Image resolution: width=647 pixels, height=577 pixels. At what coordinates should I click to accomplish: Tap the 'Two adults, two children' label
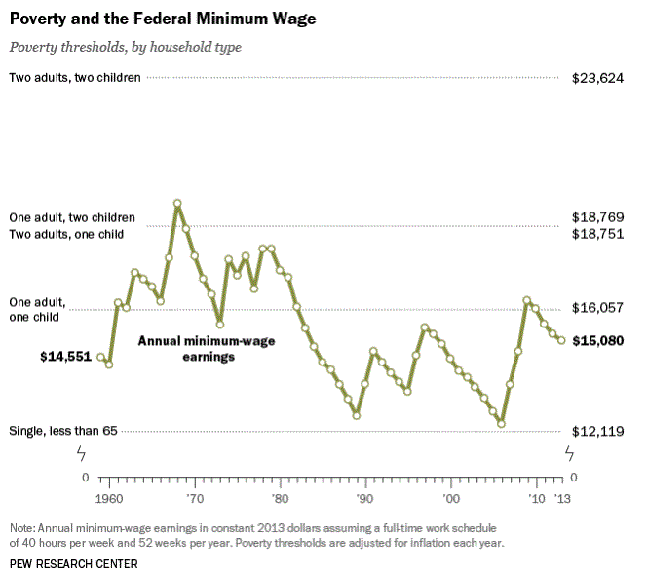[x=75, y=77]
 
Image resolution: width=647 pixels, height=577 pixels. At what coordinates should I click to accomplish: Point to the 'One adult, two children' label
[x=72, y=217]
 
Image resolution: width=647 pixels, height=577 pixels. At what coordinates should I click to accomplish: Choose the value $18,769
[x=597, y=217]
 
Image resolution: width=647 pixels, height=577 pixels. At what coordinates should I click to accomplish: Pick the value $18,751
[x=597, y=234]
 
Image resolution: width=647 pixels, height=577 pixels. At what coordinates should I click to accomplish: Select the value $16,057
[x=597, y=307]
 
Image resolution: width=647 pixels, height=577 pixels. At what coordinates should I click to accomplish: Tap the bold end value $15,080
[x=597, y=340]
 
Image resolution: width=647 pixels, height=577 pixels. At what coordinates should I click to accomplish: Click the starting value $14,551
[x=65, y=357]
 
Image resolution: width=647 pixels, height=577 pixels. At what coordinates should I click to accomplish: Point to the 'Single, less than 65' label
[x=63, y=431]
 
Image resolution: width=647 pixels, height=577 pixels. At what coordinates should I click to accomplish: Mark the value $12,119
[x=597, y=431]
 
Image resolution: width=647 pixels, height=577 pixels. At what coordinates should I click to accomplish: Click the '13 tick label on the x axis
[x=562, y=498]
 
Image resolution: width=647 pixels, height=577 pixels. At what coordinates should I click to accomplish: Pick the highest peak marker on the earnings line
[x=177, y=203]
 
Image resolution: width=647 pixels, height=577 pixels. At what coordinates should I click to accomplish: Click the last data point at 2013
[x=561, y=340]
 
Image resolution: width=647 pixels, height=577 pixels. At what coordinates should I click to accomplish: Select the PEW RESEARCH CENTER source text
[x=73, y=563]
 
